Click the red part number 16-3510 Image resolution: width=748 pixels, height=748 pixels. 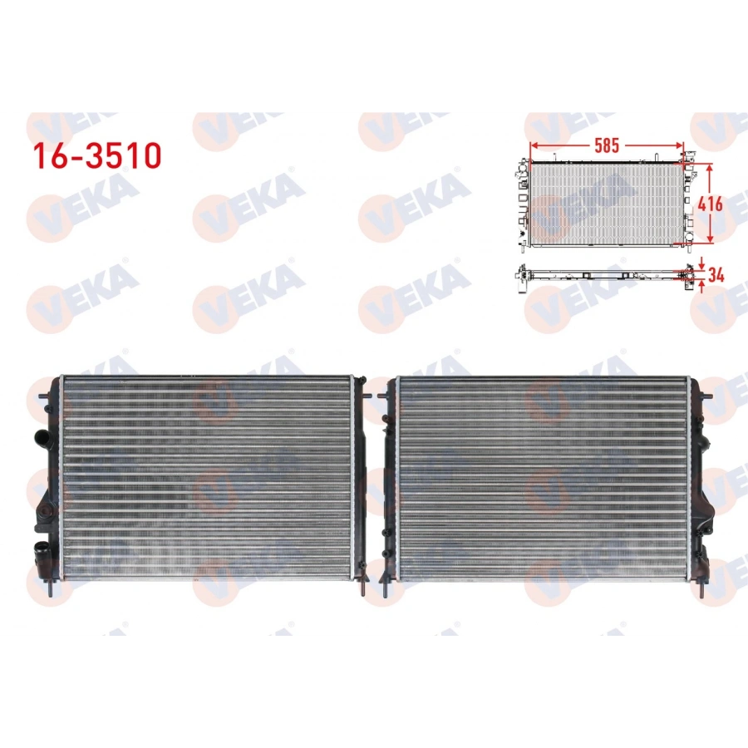point(96,155)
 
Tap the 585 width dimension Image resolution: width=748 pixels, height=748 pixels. point(607,145)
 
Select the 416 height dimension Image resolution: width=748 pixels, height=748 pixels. point(711,204)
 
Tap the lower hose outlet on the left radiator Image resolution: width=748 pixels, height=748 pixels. point(39,550)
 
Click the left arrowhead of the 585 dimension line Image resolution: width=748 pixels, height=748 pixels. point(533,145)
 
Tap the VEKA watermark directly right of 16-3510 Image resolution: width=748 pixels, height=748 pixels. point(249,133)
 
